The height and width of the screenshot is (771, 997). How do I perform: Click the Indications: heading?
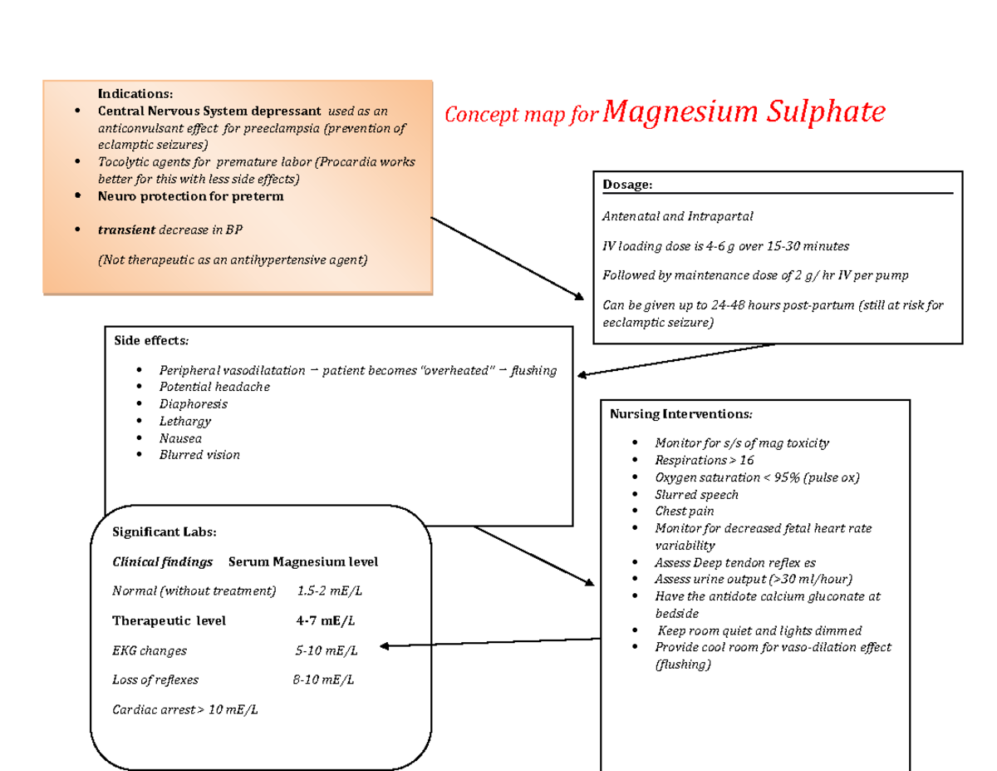[135, 93]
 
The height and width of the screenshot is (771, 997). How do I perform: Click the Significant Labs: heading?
[164, 532]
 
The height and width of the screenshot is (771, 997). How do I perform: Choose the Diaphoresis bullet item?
[193, 404]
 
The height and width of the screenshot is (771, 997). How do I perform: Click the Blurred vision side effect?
[199, 455]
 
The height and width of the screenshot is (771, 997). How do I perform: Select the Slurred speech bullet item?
[696, 494]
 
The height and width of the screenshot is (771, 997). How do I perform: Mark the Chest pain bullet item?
[684, 511]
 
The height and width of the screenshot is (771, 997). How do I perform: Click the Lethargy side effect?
[185, 421]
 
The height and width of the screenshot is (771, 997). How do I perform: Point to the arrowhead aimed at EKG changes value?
[385, 645]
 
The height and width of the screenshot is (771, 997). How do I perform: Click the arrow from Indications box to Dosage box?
[507, 257]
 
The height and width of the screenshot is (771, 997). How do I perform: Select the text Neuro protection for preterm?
[190, 196]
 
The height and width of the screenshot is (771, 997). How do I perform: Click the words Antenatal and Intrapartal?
[677, 216]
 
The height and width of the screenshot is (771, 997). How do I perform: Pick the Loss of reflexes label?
[155, 680]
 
